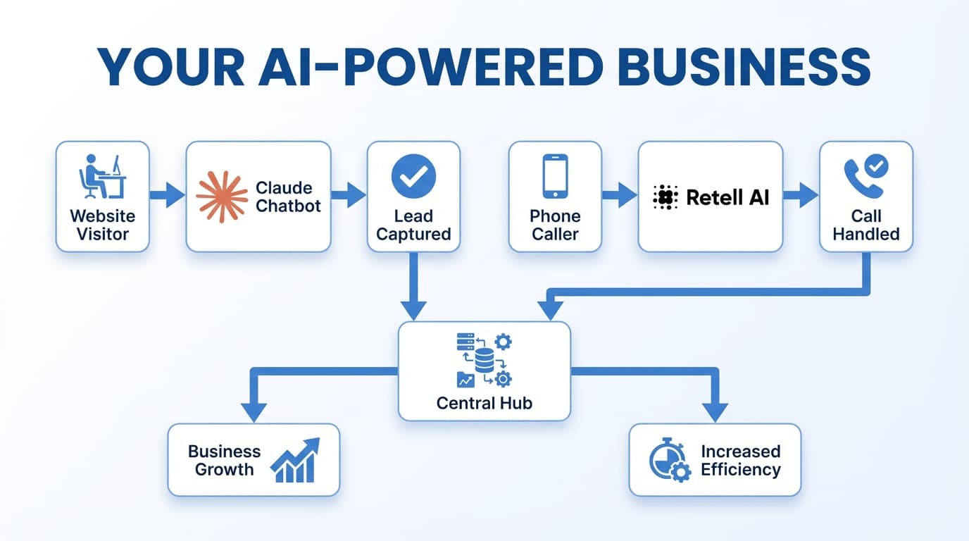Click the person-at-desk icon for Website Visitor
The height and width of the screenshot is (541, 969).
tap(102, 177)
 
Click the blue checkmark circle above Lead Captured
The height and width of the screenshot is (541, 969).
tap(413, 176)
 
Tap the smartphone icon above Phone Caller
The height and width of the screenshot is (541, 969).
tap(555, 176)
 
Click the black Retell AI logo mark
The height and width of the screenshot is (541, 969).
tap(665, 197)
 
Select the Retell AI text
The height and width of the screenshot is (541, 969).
tap(727, 197)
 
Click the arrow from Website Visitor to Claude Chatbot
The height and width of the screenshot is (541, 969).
tap(168, 196)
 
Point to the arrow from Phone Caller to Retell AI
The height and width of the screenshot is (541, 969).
tap(620, 196)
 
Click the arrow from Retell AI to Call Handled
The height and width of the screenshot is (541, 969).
tap(801, 196)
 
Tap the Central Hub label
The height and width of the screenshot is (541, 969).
tap(484, 403)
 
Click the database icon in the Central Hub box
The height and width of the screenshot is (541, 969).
tap(484, 361)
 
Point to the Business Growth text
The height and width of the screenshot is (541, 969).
tap(224, 460)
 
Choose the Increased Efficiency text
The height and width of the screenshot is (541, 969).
tap(741, 460)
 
